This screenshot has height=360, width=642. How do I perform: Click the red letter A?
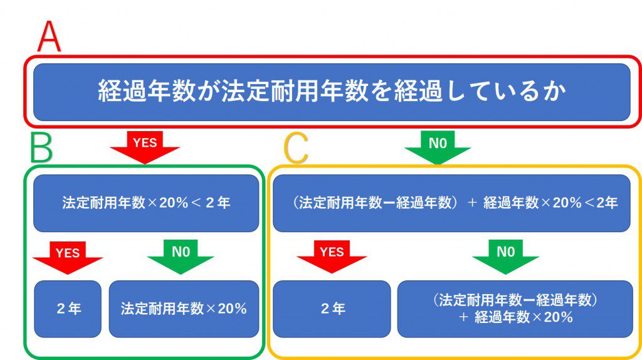click(49, 37)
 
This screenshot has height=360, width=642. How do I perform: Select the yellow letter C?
click(296, 148)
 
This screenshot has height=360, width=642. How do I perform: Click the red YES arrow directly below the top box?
click(145, 147)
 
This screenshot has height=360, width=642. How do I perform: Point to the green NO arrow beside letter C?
click(437, 147)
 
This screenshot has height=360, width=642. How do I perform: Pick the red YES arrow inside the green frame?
click(68, 258)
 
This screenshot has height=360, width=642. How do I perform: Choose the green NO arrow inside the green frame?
click(181, 257)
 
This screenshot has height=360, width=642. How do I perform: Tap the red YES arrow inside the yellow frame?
click(332, 257)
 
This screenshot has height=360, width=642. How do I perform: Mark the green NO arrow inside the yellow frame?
click(506, 257)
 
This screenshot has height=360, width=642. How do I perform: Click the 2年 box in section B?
click(68, 309)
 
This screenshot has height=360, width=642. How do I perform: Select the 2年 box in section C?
click(332, 309)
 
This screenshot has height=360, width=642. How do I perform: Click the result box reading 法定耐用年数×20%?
click(184, 309)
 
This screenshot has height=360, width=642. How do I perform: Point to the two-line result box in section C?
click(515, 309)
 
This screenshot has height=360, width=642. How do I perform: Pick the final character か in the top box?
click(555, 91)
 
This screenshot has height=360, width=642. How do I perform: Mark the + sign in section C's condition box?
click(472, 203)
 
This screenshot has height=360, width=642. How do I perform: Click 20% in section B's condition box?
click(174, 203)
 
